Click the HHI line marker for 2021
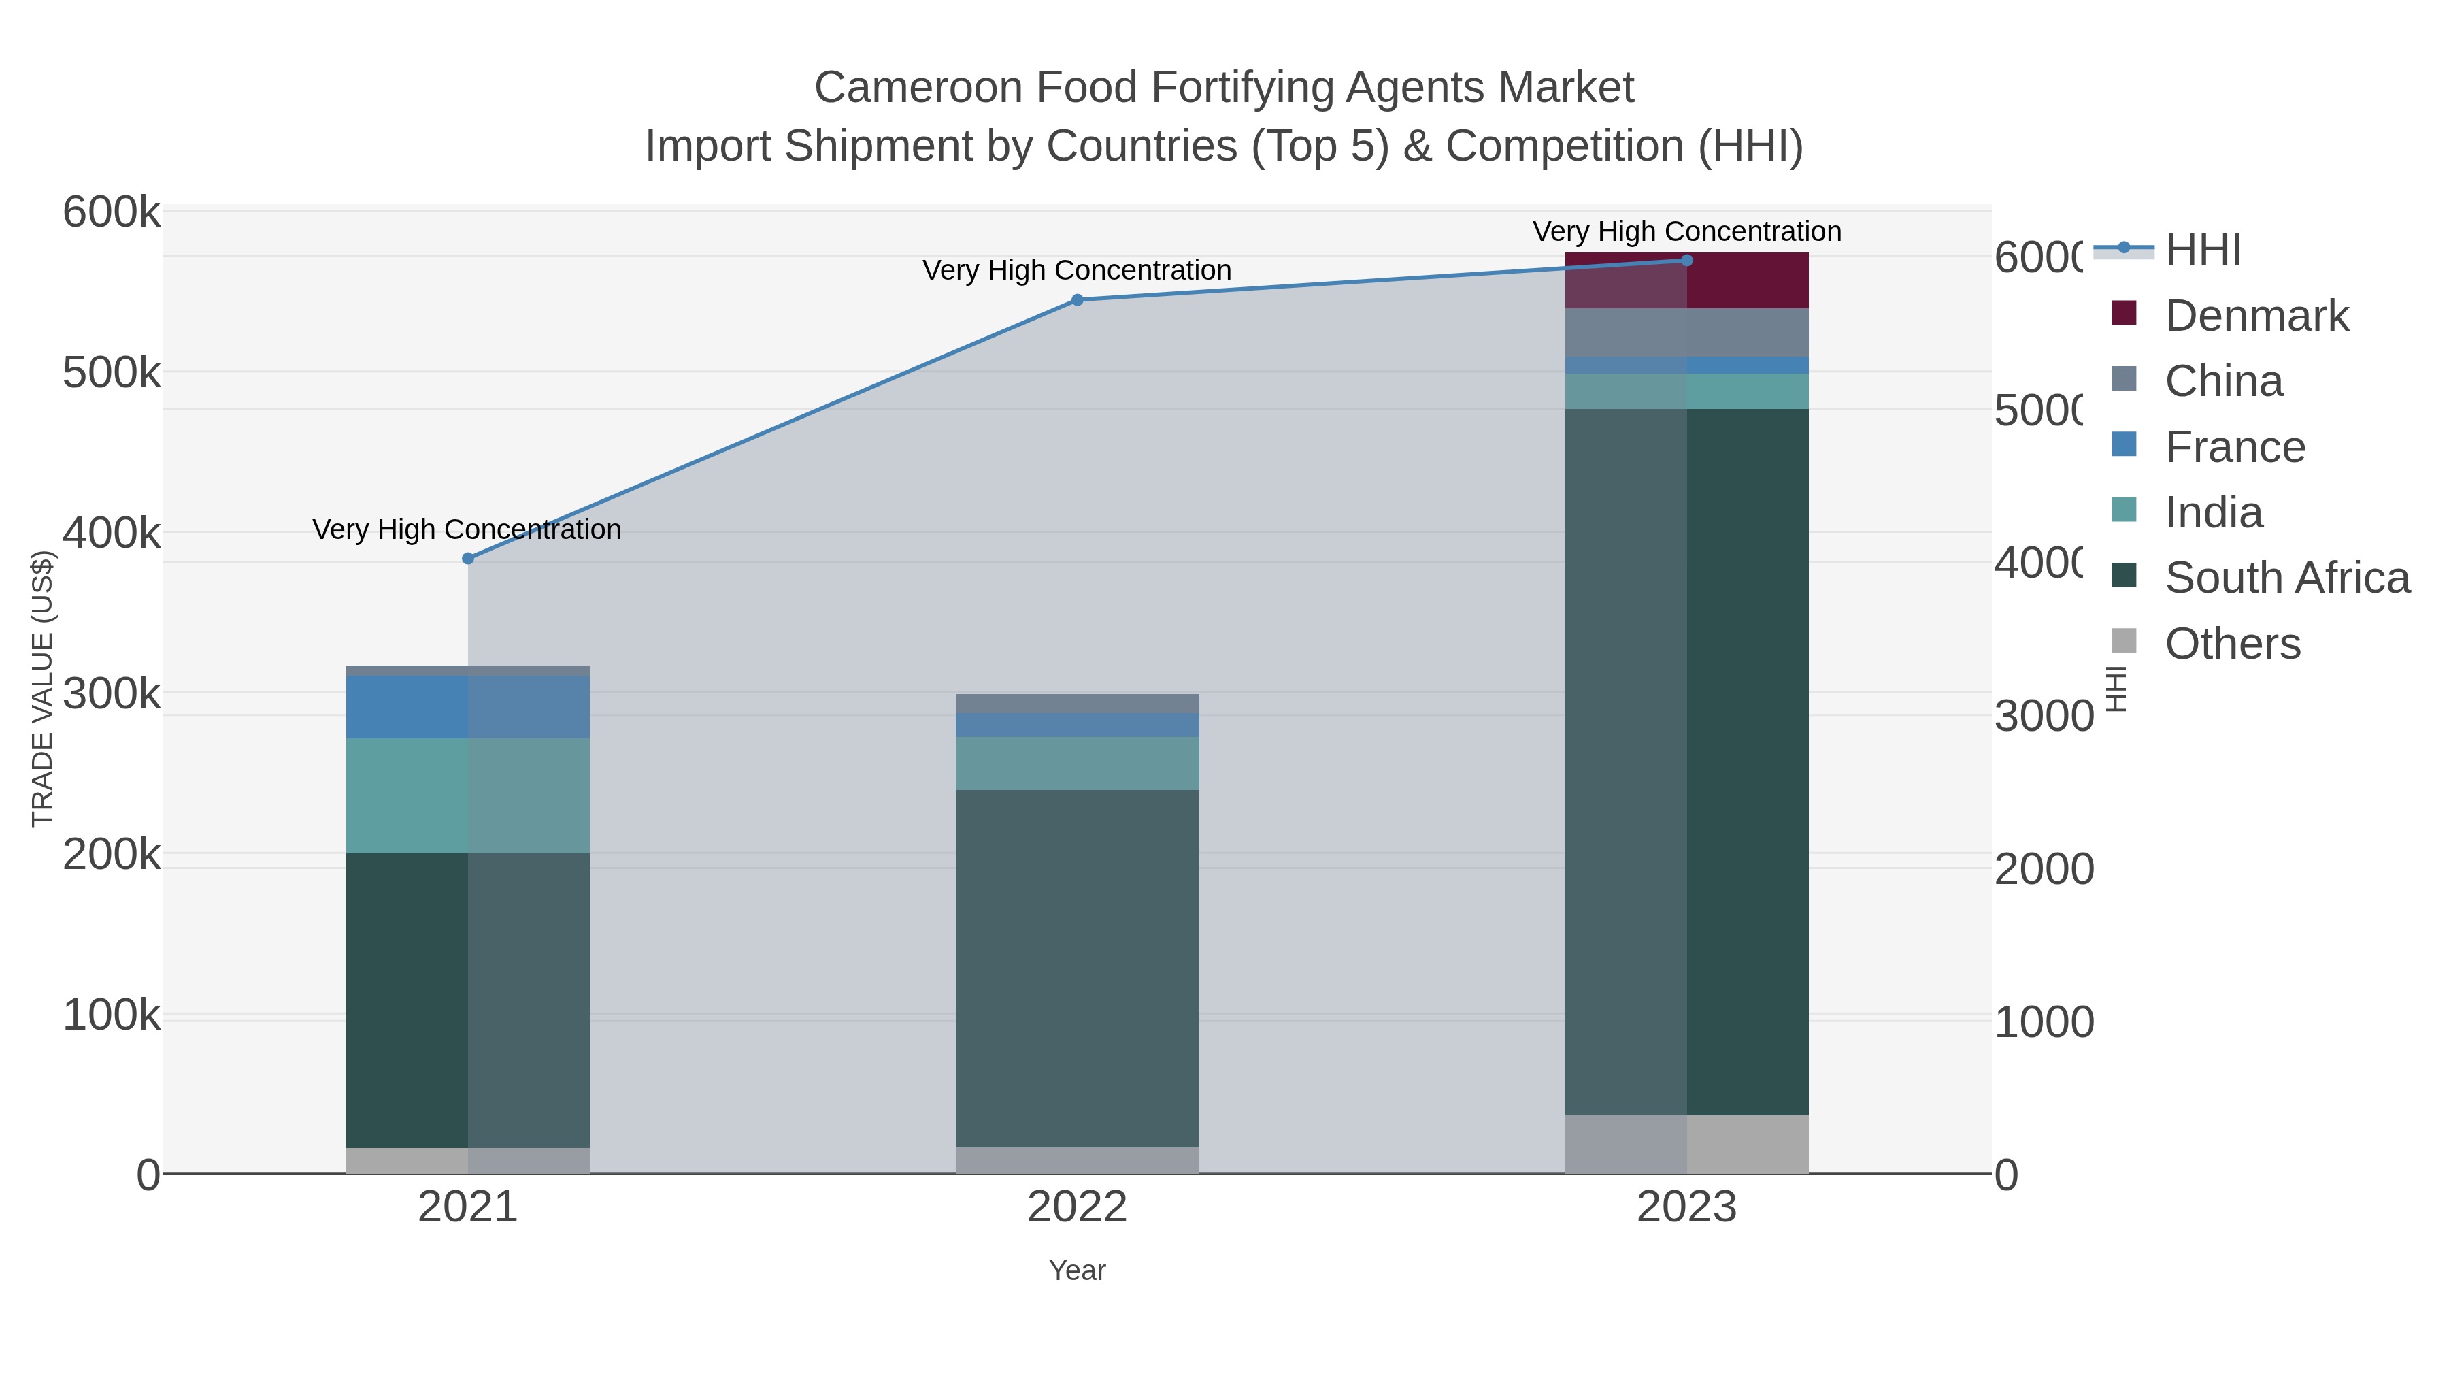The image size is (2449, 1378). pos(468,558)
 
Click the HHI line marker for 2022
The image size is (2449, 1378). pos(1077,299)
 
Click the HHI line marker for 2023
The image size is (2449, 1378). pos(1686,260)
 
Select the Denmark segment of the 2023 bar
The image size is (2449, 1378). pos(1686,282)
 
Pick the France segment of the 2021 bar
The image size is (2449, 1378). pos(468,706)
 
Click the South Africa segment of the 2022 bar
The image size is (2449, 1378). pos(1077,968)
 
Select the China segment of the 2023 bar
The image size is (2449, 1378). pos(1686,332)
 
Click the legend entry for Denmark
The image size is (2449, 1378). pos(2255,316)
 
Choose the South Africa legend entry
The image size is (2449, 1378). pos(2286,578)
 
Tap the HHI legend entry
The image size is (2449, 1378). pos(2202,250)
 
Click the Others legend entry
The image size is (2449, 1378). pos(2231,644)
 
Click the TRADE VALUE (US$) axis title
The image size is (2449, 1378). pos(43,689)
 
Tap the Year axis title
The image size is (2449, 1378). pos(1077,1270)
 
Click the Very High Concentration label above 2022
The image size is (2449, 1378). pos(1077,270)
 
